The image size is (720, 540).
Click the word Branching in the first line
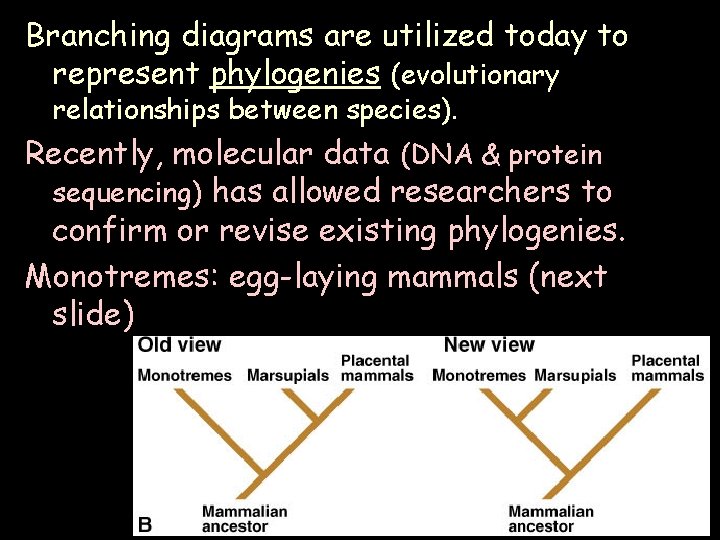tap(97, 37)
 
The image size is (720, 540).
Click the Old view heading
tap(179, 345)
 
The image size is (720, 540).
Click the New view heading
tap(490, 345)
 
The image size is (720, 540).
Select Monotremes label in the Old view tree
tap(184, 376)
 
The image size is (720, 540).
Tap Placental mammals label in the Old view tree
tap(376, 368)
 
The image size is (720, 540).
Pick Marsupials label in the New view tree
tap(576, 376)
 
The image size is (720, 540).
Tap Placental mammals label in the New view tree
tap(667, 368)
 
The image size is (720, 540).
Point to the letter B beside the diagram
tap(145, 523)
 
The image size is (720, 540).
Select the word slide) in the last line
tap(92, 314)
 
